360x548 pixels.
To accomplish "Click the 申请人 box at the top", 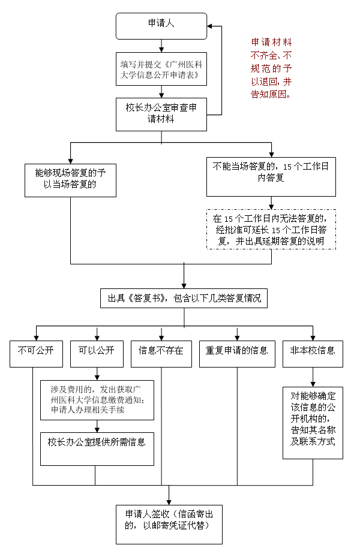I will pyautogui.click(x=161, y=25).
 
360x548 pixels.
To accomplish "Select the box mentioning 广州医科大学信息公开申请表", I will pyautogui.click(x=161, y=70).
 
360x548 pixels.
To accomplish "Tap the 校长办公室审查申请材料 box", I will pyautogui.click(x=161, y=114).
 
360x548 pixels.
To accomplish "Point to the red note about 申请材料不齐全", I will pyautogui.click(x=272, y=68).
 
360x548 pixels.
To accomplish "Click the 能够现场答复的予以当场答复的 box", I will pyautogui.click(x=70, y=179).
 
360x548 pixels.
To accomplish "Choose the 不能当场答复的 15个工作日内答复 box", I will pyautogui.click(x=271, y=176).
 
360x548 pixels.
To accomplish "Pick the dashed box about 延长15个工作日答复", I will pyautogui.click(x=271, y=230).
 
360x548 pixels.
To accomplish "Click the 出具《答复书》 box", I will pyautogui.click(x=184, y=298).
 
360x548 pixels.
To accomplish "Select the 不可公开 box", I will pyautogui.click(x=36, y=354).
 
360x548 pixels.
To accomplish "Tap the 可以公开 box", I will pyautogui.click(x=97, y=354).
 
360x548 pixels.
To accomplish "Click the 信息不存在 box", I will pyautogui.click(x=161, y=354).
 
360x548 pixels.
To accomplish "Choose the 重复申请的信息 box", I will pyautogui.click(x=237, y=354).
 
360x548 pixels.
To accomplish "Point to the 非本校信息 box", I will pyautogui.click(x=313, y=354).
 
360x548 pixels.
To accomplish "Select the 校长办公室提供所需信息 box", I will pyautogui.click(x=97, y=448).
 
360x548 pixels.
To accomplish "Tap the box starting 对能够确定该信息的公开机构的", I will pyautogui.click(x=313, y=423).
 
